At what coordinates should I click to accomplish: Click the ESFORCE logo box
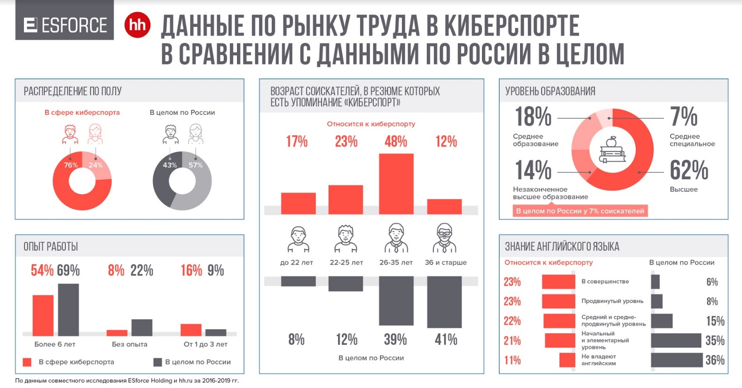click(64, 24)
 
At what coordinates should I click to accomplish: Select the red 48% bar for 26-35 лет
click(396, 183)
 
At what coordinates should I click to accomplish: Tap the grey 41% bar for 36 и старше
click(444, 301)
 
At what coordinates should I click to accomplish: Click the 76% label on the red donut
click(71, 165)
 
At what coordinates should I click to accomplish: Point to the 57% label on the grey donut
click(196, 165)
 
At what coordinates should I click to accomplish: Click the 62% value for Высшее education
click(689, 170)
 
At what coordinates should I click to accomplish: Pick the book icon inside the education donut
click(612, 150)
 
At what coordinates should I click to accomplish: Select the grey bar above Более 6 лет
click(68, 309)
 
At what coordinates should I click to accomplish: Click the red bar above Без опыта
click(117, 333)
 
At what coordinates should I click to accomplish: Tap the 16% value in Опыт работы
click(191, 270)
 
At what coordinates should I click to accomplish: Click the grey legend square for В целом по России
click(158, 362)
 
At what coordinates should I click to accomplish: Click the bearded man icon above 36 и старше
click(444, 238)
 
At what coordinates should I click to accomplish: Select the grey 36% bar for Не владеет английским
click(676, 360)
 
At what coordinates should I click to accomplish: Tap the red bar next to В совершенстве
click(558, 282)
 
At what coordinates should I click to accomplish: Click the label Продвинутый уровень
click(612, 301)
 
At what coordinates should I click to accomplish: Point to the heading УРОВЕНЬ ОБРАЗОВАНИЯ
click(550, 91)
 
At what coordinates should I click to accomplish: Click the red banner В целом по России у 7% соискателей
click(580, 211)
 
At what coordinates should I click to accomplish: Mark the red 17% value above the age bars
click(297, 142)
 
